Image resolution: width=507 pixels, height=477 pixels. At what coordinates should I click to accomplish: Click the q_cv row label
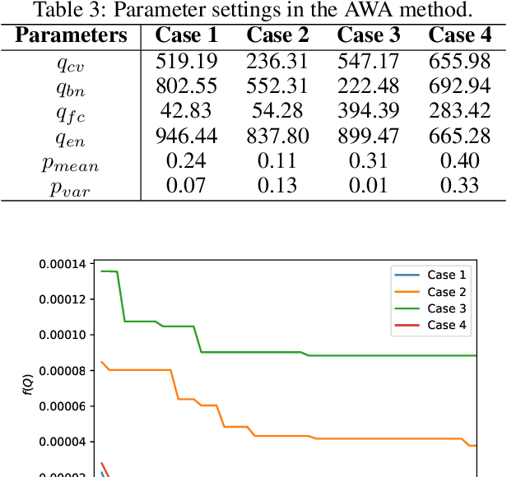tap(71, 62)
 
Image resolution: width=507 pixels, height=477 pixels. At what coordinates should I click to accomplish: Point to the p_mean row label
tap(71, 164)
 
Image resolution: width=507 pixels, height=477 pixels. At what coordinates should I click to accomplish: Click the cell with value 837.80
tap(277, 137)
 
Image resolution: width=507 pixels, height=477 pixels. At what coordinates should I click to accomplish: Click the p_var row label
tap(71, 188)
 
